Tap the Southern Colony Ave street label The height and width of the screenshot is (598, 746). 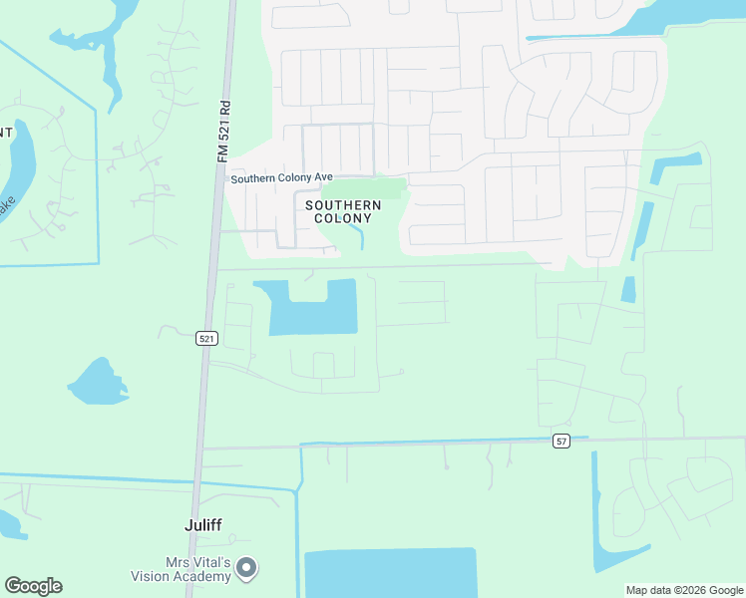(x=281, y=178)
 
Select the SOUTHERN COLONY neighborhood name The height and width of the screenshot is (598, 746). (x=343, y=211)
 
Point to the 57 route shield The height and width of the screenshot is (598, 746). (x=562, y=441)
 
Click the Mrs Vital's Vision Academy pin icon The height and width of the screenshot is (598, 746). (x=247, y=568)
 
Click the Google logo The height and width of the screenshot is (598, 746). (x=33, y=586)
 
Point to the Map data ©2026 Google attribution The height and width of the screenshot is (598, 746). (x=685, y=590)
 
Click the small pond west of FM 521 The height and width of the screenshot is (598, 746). (x=97, y=383)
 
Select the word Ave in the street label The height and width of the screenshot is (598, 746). (x=323, y=177)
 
